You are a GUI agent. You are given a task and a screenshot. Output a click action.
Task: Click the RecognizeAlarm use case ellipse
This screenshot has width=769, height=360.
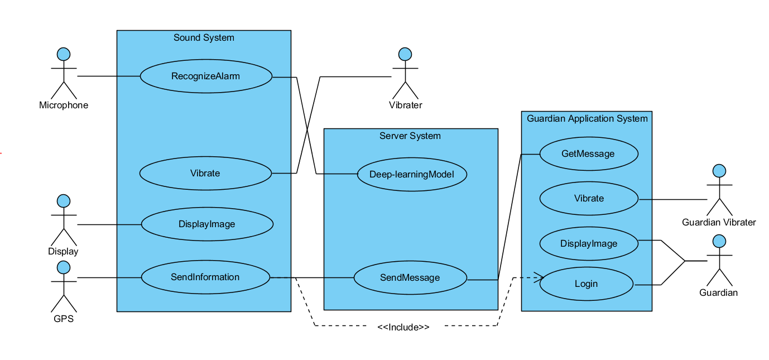pos(205,76)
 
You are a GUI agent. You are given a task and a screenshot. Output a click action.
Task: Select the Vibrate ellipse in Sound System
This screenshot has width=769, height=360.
pos(205,173)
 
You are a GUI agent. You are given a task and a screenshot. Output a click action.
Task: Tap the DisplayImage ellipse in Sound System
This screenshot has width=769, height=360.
pos(206,224)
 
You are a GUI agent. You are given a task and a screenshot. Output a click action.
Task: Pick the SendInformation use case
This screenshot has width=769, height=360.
pos(205,277)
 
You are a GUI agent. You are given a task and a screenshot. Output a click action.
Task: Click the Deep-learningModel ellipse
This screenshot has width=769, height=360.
pos(411,174)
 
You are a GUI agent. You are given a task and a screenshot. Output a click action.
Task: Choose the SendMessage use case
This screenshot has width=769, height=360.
pos(410,278)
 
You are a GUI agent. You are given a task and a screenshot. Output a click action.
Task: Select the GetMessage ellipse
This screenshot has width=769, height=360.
pos(588,153)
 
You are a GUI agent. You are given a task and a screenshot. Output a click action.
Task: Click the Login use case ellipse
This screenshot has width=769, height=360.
pos(586,284)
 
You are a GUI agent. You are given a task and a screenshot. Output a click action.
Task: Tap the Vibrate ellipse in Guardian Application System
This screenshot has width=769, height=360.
pos(589,199)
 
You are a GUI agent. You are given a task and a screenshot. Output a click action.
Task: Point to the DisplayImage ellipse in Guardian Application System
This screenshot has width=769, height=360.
pos(588,243)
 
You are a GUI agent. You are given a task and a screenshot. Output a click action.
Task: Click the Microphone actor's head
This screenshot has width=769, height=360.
pos(64,54)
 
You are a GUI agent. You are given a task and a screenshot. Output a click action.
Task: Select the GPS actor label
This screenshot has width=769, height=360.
pos(64,320)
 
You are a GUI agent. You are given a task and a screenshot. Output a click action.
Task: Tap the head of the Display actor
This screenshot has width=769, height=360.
pos(64,200)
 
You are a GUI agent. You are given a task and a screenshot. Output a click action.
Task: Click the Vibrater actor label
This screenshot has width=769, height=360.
pos(405,105)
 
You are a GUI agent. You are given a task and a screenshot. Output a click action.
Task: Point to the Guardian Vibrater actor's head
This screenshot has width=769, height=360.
pos(719,171)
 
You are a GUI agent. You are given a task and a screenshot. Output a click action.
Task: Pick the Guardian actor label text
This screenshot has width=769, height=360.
pos(718,293)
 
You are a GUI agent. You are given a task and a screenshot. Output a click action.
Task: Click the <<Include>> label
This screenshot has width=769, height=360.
pos(403,328)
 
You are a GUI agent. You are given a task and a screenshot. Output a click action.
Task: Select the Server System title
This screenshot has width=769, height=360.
pos(410,136)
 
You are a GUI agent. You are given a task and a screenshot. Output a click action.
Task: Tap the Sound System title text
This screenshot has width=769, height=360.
pos(204,38)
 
